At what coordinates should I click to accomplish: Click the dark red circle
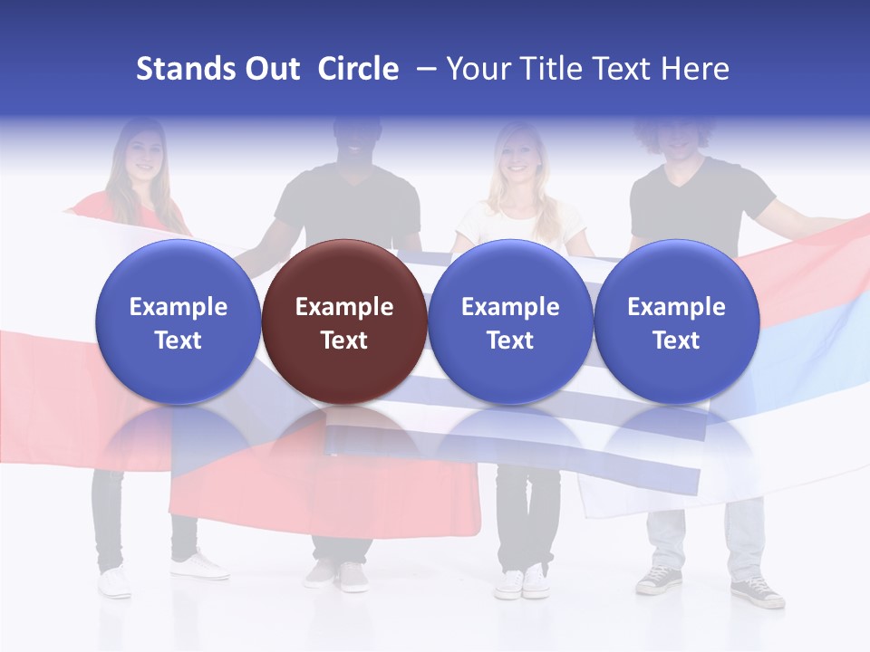click(x=344, y=321)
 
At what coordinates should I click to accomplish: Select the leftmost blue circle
click(x=178, y=321)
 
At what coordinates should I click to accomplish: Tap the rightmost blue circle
click(x=676, y=321)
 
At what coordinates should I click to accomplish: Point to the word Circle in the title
click(x=358, y=69)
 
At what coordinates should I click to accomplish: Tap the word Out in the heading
click(x=269, y=69)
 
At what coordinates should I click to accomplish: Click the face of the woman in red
click(x=141, y=154)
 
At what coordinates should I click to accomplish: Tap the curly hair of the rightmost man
click(x=675, y=127)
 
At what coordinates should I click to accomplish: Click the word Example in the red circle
click(x=344, y=307)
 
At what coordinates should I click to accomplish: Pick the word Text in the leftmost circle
click(x=178, y=340)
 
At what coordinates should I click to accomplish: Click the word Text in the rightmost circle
click(x=676, y=340)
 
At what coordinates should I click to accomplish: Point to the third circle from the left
click(x=510, y=321)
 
